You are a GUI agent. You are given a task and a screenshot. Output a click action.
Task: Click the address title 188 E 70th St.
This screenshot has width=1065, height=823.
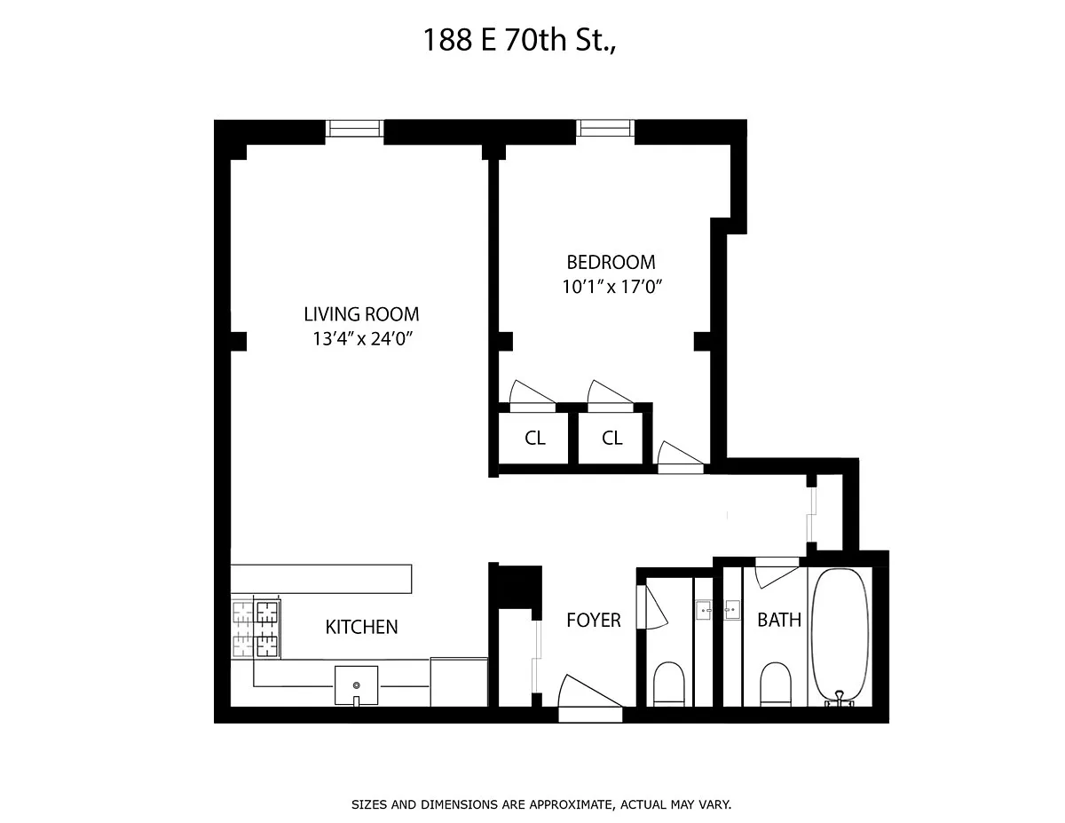click(x=518, y=40)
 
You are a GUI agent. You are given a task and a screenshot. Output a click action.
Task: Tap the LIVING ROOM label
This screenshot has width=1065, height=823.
click(x=361, y=314)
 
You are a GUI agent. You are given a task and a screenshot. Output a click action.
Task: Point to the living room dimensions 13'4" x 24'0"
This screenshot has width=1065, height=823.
click(x=363, y=339)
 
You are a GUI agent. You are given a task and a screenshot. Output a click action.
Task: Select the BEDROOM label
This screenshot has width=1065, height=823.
click(x=611, y=262)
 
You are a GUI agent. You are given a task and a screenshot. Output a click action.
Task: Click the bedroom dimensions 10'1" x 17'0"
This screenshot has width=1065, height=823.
click(x=611, y=287)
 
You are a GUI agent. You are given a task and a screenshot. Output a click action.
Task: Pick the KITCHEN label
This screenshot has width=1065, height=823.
click(x=361, y=628)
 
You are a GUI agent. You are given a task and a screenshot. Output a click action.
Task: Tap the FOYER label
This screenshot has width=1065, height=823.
click(x=594, y=621)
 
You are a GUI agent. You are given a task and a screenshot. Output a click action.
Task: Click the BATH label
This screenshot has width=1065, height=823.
click(x=778, y=620)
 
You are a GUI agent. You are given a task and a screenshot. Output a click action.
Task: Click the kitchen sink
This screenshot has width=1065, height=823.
click(x=356, y=685)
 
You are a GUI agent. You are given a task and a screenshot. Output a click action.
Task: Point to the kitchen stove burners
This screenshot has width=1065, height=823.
click(x=256, y=629)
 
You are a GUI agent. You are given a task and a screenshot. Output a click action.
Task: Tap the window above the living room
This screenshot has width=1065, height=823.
click(x=354, y=129)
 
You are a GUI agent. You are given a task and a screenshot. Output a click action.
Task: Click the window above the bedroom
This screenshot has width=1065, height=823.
click(x=604, y=128)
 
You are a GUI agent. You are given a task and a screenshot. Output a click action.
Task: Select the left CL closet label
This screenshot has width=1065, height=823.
click(x=534, y=439)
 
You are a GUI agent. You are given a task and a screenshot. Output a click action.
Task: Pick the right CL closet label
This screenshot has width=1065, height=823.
click(x=612, y=439)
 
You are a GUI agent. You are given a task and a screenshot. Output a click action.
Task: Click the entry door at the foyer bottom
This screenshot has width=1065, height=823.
click(x=590, y=700)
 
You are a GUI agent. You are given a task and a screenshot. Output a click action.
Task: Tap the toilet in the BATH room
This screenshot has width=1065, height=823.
click(x=776, y=685)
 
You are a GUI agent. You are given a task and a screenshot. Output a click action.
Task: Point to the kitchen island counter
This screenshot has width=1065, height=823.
click(x=321, y=579)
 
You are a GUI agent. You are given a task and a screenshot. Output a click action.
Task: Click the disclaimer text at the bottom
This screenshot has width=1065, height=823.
click(x=541, y=804)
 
